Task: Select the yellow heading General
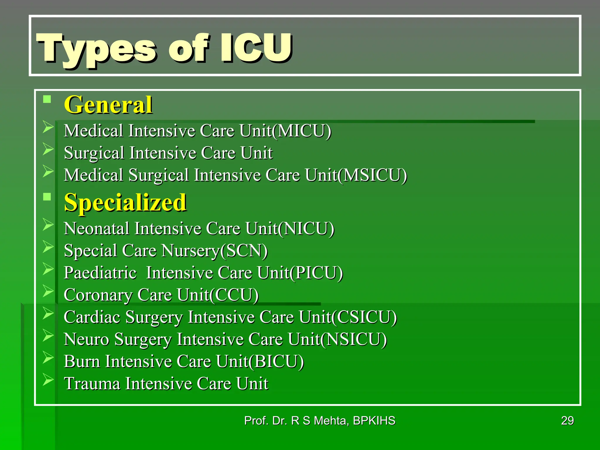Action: pos(108,105)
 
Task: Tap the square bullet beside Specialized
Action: pos(47,197)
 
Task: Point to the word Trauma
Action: pos(92,383)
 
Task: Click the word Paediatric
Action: pos(100,273)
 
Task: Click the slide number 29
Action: pos(567,421)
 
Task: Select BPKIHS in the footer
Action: pos(374,421)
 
